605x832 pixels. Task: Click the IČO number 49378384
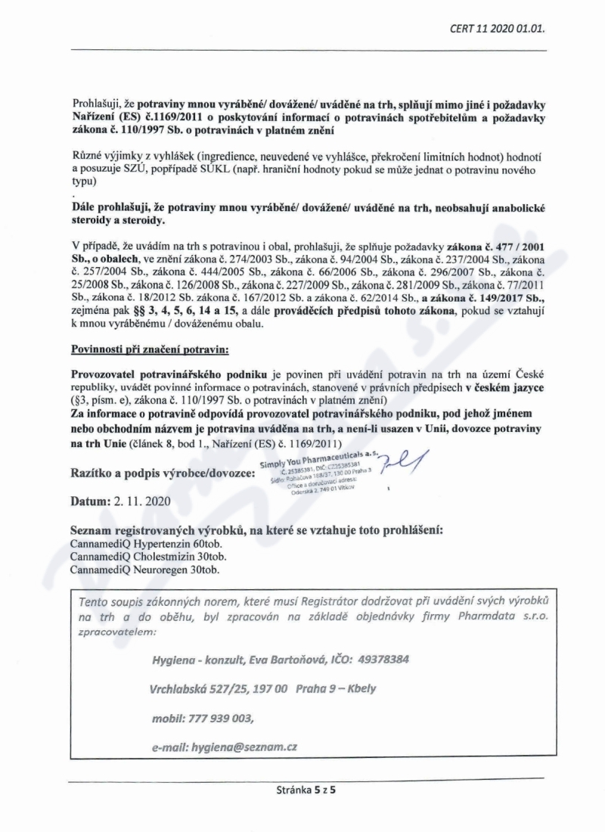click(x=382, y=659)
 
